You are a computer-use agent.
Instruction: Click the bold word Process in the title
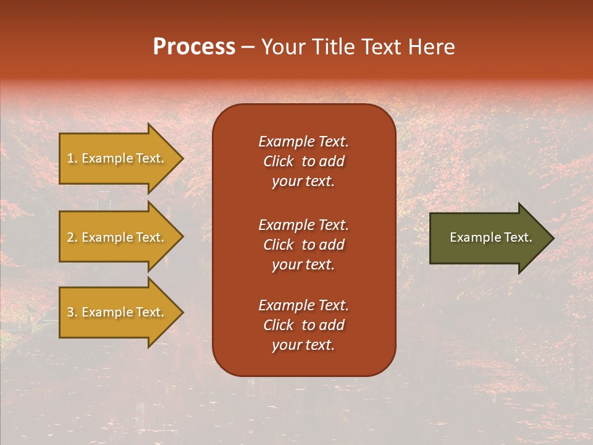(194, 47)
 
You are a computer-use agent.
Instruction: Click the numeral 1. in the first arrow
(72, 158)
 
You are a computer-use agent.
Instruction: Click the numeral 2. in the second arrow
(72, 237)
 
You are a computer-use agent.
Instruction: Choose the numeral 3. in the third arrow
(72, 312)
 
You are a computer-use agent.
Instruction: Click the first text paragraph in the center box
(303, 161)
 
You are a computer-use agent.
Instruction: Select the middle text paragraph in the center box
(303, 245)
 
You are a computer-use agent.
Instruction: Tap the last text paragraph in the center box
(303, 325)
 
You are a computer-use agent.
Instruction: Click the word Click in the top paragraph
(278, 161)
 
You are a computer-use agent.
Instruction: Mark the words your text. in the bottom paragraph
(303, 345)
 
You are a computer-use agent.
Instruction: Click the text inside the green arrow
(490, 237)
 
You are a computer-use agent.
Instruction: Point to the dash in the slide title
(248, 48)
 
